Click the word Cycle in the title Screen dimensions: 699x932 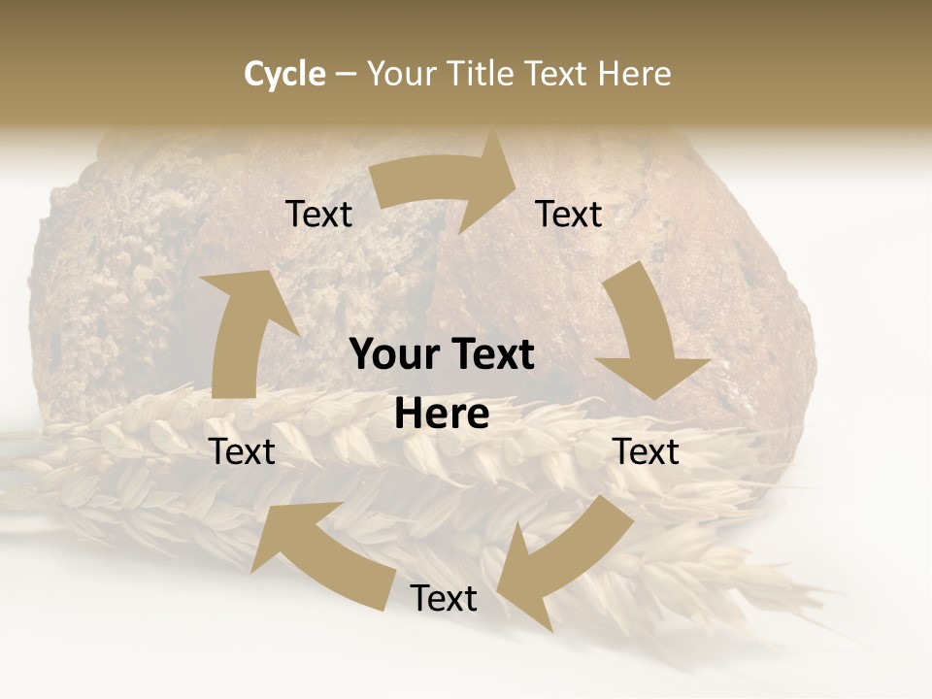[284, 74]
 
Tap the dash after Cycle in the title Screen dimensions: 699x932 [347, 74]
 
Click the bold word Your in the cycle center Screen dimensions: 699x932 [393, 355]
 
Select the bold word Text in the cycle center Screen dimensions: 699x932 [490, 355]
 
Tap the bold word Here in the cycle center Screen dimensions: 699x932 [442, 415]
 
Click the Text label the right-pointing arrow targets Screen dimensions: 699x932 [569, 214]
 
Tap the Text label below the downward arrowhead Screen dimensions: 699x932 [646, 451]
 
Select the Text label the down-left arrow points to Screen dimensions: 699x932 [444, 598]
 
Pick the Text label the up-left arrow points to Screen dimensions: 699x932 [242, 451]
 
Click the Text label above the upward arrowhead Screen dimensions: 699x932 [318, 214]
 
